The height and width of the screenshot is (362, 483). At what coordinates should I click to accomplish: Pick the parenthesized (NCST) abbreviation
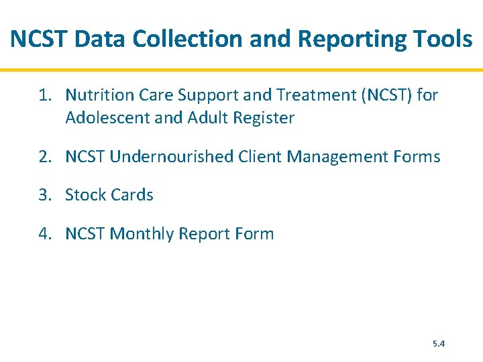point(387,95)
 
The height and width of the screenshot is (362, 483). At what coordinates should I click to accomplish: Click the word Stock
point(85,195)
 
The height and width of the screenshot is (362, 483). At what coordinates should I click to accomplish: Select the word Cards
point(131,195)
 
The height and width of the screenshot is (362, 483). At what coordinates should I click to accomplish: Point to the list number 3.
point(44,195)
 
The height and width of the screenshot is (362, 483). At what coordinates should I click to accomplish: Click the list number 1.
point(44,95)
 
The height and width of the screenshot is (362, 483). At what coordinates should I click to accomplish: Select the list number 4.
point(44,234)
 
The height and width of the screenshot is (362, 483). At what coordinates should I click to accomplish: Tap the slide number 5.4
point(439,343)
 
